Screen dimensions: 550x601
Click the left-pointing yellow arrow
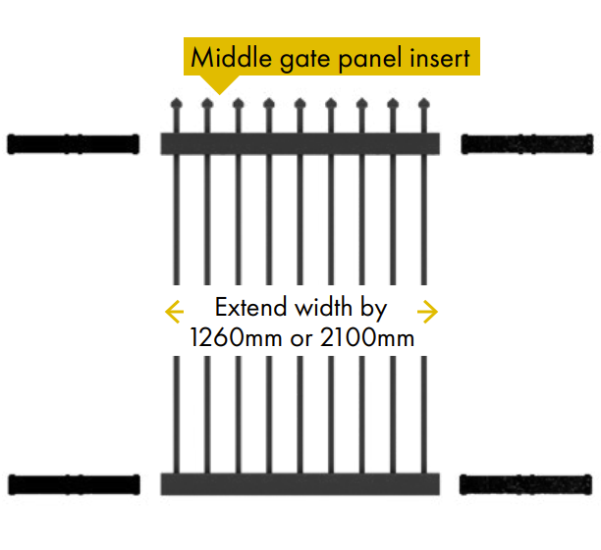point(175,312)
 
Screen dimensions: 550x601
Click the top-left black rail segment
point(74,144)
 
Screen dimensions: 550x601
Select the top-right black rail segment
point(527,144)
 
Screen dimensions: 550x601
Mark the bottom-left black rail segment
point(74,483)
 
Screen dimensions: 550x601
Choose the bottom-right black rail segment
point(527,483)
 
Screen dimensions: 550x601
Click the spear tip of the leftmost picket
point(176,104)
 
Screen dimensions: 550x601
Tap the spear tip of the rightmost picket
point(424,104)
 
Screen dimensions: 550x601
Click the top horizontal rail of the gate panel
point(300,144)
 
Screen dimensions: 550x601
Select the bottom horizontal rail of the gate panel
point(300,483)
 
